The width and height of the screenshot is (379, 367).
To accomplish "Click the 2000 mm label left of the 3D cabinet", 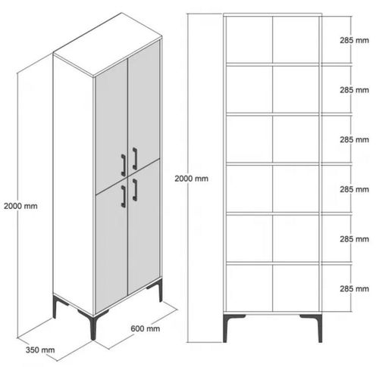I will [x=20, y=205].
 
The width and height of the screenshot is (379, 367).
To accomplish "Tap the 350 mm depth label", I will [x=40, y=350].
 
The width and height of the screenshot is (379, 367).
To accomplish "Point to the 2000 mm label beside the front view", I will [x=191, y=179].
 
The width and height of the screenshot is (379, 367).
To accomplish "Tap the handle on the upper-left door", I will [x=123, y=163].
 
